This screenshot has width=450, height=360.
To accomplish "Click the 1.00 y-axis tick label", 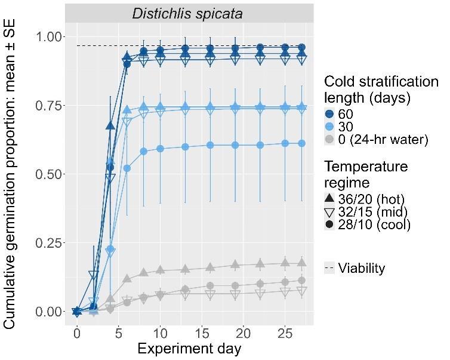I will click(48, 37).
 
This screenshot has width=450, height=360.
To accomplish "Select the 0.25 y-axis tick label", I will click(48, 243).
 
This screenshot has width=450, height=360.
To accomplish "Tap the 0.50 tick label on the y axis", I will click(48, 174).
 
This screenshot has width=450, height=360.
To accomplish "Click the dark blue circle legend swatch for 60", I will click(330, 113).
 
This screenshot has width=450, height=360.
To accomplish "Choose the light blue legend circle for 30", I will click(330, 126).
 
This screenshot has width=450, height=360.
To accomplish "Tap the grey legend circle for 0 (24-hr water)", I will click(330, 140).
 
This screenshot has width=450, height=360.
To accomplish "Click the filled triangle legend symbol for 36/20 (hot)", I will click(330, 198).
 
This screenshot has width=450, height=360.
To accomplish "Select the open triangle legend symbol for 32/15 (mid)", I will click(330, 211).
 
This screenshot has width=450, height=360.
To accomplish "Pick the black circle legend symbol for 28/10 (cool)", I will click(330, 224).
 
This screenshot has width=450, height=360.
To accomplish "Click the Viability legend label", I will click(362, 268).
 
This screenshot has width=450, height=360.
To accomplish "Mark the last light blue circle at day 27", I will click(301, 143).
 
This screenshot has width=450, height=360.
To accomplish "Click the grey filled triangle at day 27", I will click(301, 262).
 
